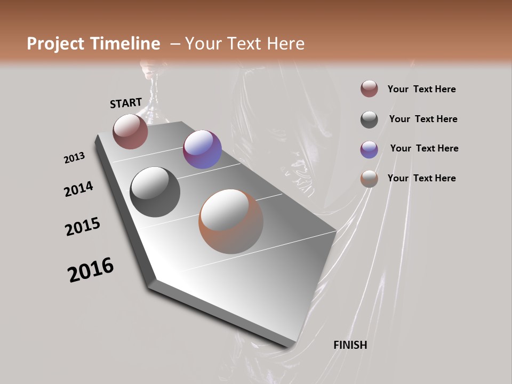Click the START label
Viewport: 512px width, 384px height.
[x=126, y=103]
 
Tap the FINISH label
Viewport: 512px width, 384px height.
[x=350, y=345]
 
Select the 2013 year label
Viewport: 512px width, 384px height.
[x=74, y=158]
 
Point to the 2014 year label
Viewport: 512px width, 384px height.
[x=78, y=189]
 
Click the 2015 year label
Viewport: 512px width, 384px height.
[x=83, y=227]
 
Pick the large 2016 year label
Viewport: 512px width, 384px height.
[x=91, y=270]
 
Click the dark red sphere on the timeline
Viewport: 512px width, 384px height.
[x=130, y=131]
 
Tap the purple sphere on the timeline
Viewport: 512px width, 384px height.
[x=202, y=149]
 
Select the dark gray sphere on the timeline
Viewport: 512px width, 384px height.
[x=155, y=192]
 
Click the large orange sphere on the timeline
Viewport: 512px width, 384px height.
[x=231, y=222]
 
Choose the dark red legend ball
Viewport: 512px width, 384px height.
[x=369, y=89]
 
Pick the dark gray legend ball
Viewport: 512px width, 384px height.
[x=369, y=119]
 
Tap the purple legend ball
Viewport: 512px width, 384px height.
[x=369, y=149]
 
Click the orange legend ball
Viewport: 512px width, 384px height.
[x=369, y=179]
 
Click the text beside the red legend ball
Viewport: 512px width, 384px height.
[x=421, y=90]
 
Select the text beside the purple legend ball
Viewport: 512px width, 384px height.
[x=424, y=148]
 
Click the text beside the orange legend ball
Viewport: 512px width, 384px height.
[x=421, y=178]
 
